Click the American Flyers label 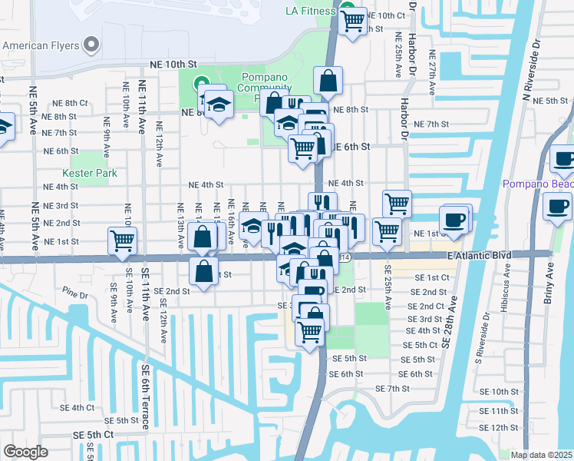tap(41, 45)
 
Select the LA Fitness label tap(311, 11)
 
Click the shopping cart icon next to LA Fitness tap(352, 23)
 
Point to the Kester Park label tap(90, 173)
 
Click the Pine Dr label tap(76, 293)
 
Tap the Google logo tap(25, 452)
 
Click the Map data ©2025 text tap(542, 455)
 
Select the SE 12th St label tap(499, 427)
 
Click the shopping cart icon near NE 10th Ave tap(123, 240)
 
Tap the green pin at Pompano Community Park tap(203, 82)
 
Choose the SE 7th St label tap(394, 389)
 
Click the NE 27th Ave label tap(433, 73)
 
